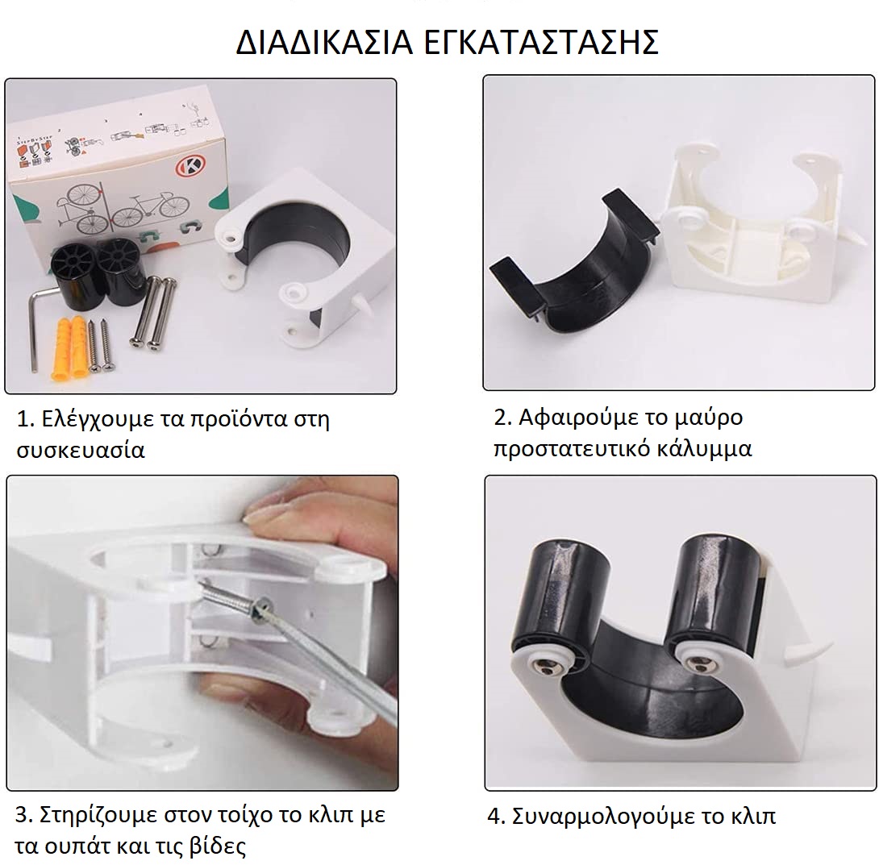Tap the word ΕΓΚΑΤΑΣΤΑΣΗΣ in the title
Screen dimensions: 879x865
[541, 42]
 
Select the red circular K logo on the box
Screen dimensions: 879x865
[190, 166]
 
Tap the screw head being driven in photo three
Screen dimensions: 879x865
[260, 609]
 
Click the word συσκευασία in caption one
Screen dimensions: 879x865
[81, 451]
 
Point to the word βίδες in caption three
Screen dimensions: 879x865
[217, 846]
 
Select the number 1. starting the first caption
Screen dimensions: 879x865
[26, 419]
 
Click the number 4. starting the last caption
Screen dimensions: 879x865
[497, 817]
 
